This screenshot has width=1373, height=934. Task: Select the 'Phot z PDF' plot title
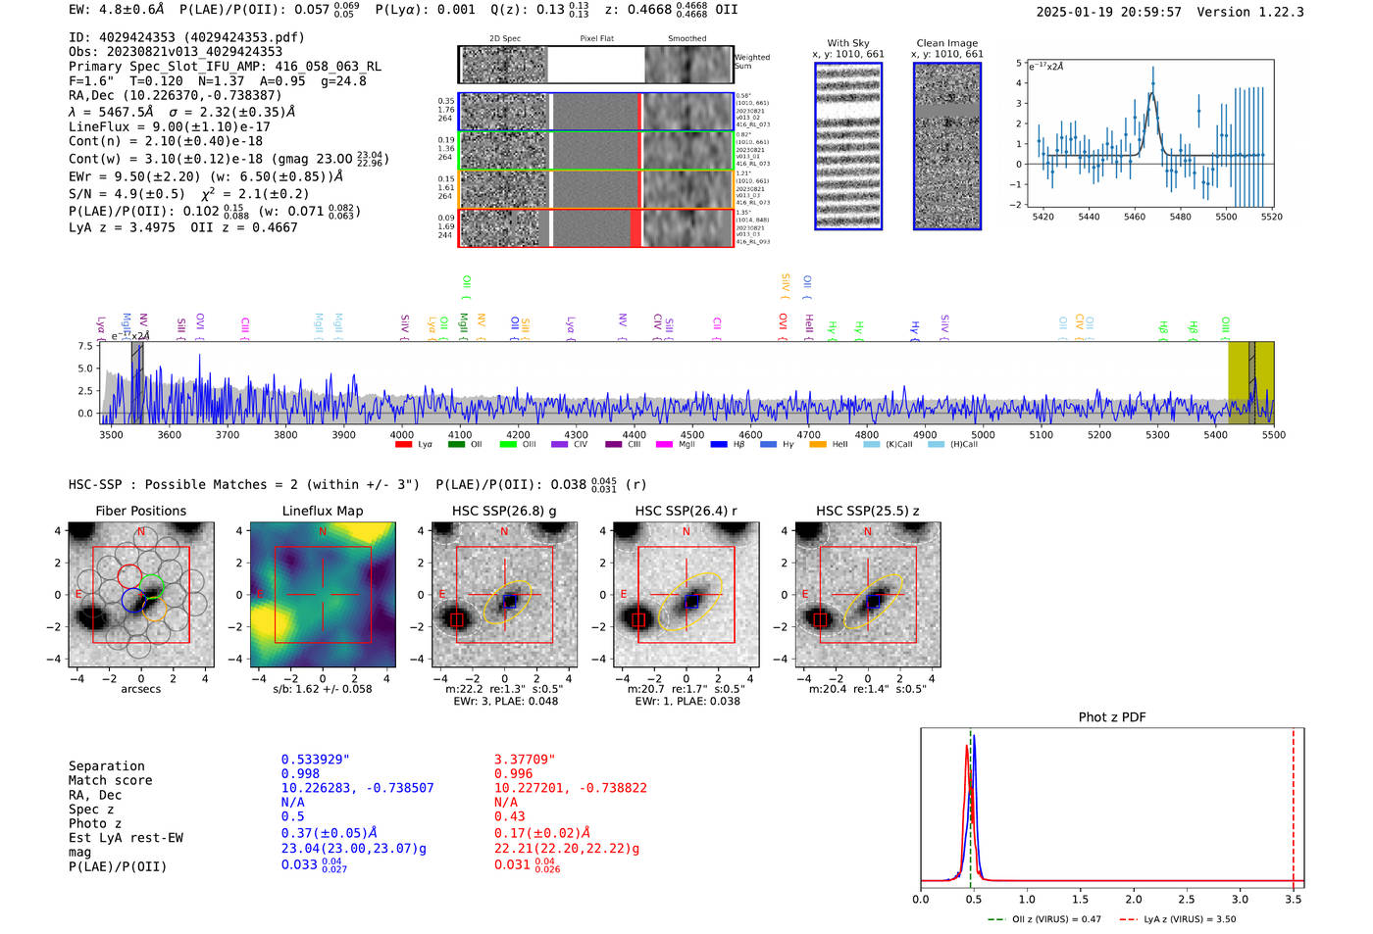pos(1112,717)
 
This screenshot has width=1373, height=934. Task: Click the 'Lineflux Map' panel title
pos(323,511)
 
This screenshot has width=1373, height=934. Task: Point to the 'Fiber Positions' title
pos(141,511)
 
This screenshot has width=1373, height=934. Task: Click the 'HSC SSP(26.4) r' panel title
pos(686,511)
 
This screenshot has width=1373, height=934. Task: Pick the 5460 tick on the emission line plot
pos(1135,217)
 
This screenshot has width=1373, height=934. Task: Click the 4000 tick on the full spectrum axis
pos(402,435)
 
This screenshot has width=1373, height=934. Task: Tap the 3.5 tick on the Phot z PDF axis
pos(1294,899)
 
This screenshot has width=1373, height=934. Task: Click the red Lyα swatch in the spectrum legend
pos(403,445)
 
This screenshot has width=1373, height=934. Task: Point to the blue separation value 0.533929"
pos(316,760)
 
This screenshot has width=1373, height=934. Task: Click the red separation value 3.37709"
pos(525,760)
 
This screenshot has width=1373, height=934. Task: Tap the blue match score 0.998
pos(300,774)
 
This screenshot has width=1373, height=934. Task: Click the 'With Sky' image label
pos(848,43)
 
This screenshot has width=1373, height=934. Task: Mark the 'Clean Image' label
pos(947,43)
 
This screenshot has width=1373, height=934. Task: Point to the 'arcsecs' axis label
pos(141,689)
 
